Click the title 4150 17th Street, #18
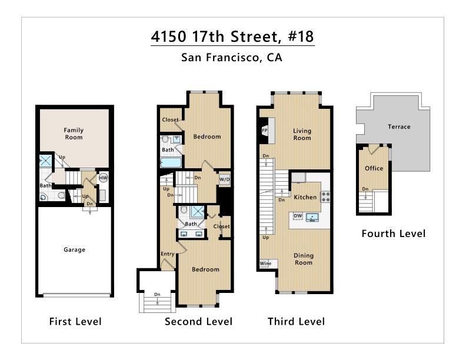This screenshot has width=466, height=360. click(232, 36)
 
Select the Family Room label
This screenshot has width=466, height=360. click(74, 134)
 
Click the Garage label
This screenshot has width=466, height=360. click(74, 249)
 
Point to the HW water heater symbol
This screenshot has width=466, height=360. click(103, 178)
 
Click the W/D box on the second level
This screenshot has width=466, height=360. click(225, 179)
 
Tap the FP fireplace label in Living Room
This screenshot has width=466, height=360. click(264, 131)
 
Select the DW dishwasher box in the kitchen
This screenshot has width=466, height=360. click(298, 216)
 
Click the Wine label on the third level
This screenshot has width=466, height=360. click(265, 264)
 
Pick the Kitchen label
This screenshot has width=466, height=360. click(305, 197)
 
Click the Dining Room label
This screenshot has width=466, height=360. click(304, 259)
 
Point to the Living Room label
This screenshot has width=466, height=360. click(302, 134)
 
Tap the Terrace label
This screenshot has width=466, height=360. click(399, 126)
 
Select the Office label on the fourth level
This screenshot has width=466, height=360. click(374, 168)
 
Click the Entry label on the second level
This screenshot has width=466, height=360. click(168, 254)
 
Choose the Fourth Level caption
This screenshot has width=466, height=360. click(393, 234)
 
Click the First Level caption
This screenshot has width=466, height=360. click(75, 321)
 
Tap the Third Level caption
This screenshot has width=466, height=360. click(296, 321)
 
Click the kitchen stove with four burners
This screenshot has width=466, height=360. click(325, 196)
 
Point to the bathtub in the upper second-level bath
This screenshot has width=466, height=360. click(171, 162)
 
